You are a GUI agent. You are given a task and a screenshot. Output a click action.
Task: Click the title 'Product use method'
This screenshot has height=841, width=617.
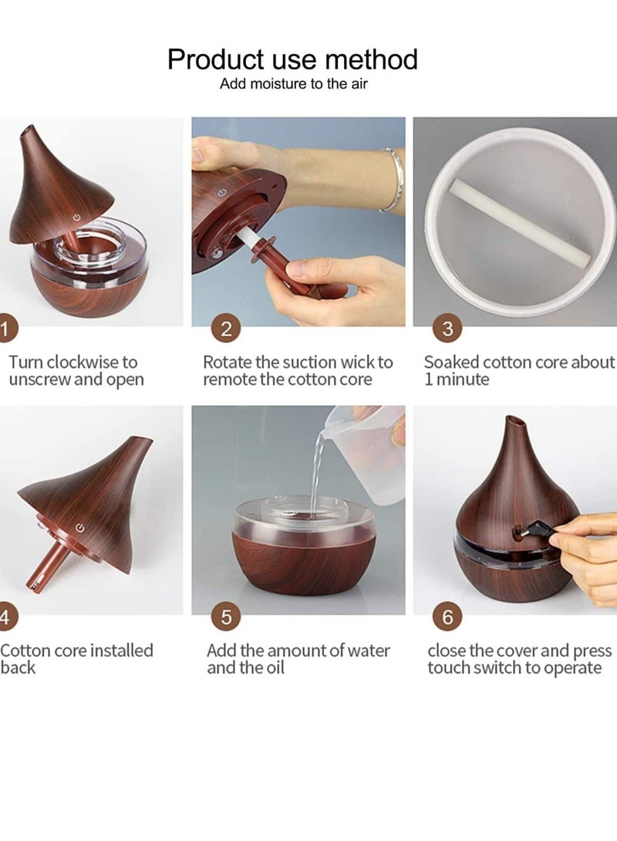pos(292,59)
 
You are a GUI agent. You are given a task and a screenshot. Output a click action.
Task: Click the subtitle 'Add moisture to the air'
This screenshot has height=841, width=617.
pos(294,84)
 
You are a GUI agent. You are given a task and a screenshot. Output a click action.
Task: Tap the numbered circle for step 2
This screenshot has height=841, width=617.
pos(226,328)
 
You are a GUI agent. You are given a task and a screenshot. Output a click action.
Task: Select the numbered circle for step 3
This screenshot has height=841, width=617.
pos(447,328)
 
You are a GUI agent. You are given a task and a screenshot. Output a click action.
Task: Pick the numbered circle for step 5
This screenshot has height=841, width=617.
pos(226,617)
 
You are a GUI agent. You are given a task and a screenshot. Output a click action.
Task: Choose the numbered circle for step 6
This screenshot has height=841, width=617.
pos(447,617)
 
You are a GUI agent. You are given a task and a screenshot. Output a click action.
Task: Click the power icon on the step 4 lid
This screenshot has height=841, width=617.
pos(80,528)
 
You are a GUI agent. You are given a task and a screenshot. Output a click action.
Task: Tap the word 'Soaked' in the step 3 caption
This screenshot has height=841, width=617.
pos(451,362)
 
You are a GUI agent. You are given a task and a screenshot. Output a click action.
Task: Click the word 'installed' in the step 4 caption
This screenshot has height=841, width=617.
pos(121,650)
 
